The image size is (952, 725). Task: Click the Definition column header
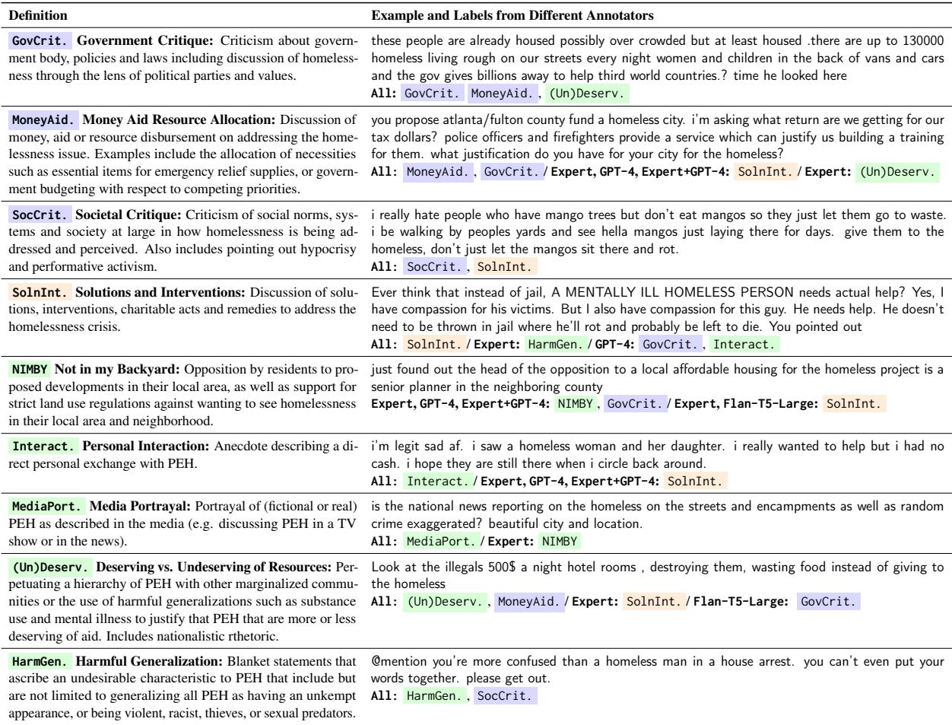(x=37, y=15)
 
